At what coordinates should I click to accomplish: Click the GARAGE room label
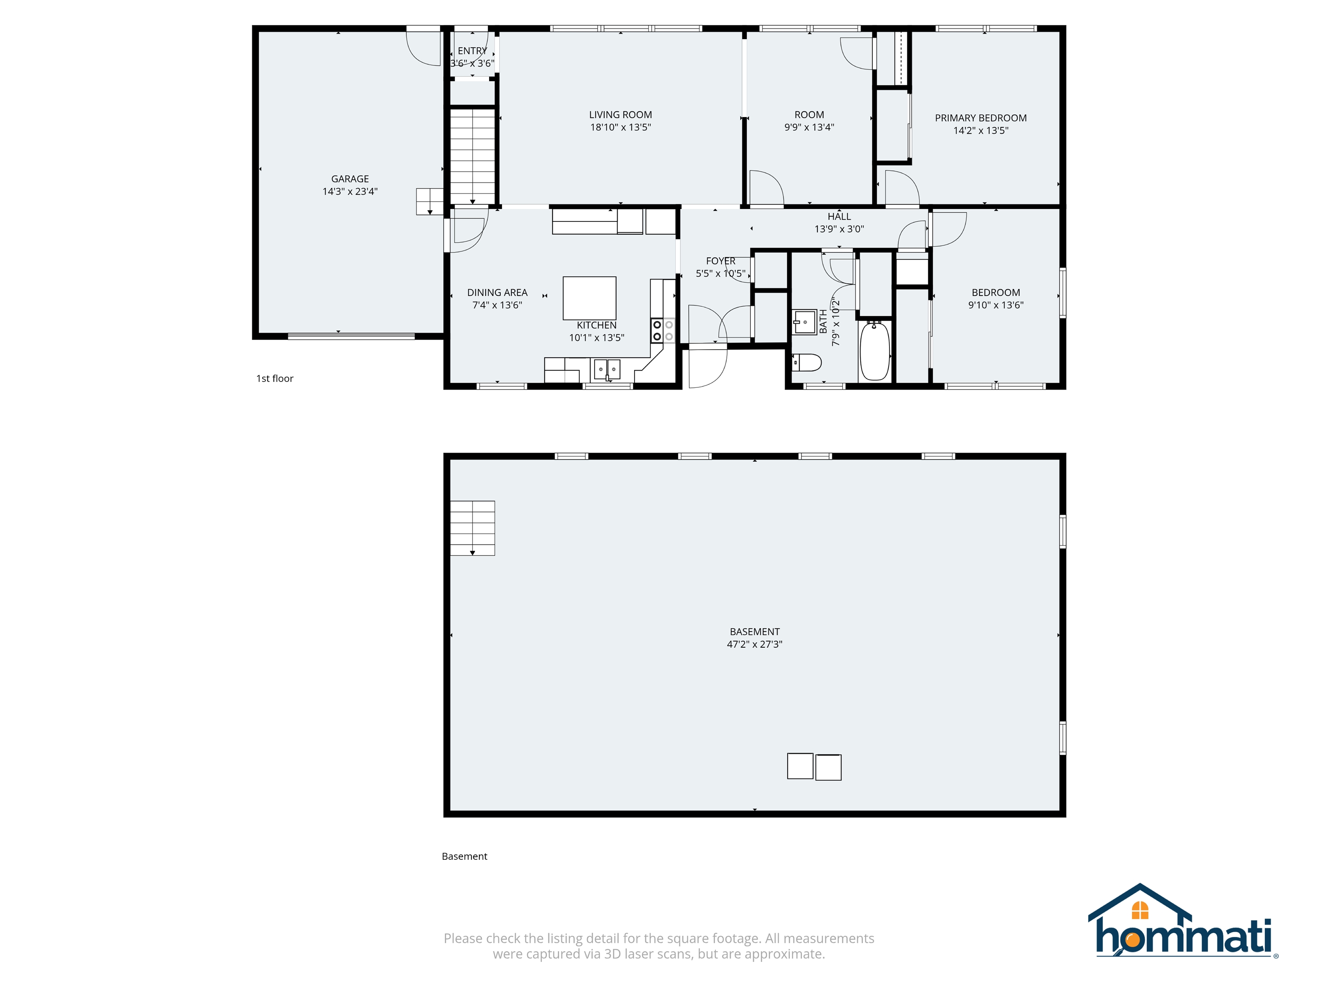tap(350, 179)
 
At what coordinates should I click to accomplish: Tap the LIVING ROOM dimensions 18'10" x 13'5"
tap(620, 127)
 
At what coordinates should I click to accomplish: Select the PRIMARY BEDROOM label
tap(980, 118)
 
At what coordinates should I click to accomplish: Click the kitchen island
tap(589, 298)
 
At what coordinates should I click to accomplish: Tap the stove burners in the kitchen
tap(662, 331)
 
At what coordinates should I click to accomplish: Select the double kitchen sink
tap(607, 369)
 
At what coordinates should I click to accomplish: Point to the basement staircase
tap(472, 528)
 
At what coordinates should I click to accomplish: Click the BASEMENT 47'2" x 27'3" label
tap(754, 638)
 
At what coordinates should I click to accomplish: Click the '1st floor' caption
tap(275, 378)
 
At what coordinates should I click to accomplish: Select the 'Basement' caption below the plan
tap(464, 856)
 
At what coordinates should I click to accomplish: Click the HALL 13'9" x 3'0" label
tap(839, 223)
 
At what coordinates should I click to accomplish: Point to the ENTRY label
tap(472, 51)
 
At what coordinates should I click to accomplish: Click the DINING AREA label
tap(497, 293)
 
